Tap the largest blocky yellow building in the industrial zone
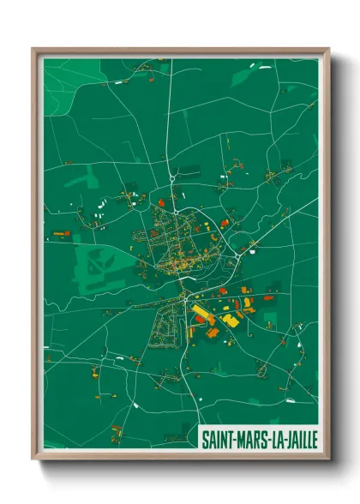[230, 321]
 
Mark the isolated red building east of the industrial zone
[268, 298]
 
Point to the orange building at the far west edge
[59, 233]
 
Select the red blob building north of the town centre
[159, 203]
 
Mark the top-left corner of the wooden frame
[33, 49]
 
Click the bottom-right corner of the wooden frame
[328, 459]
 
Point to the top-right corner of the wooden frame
[328, 49]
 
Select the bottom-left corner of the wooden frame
[33, 459]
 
